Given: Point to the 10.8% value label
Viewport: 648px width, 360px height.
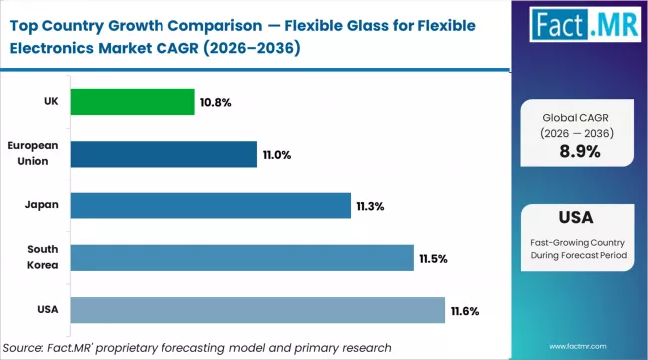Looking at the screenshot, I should click(x=216, y=102).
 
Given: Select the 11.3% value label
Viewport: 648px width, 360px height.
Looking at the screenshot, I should click(x=370, y=206).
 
